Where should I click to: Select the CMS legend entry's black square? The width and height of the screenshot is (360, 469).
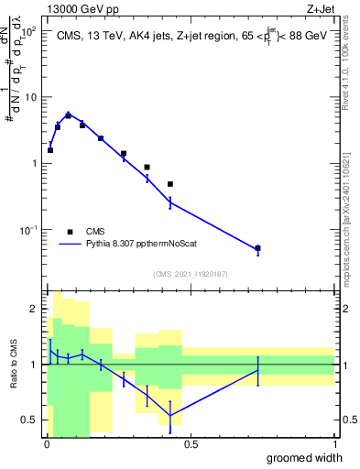[x=71, y=232]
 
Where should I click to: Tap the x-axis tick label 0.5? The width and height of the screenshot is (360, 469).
[x=190, y=443]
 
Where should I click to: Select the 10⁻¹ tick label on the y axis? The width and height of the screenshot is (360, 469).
[x=27, y=230]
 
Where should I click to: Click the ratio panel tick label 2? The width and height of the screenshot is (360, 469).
[x=33, y=310]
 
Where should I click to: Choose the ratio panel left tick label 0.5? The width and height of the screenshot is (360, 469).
[x=29, y=420]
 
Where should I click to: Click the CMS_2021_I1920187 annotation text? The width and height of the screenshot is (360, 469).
[x=190, y=274]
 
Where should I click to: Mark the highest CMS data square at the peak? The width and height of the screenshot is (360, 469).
[x=68, y=115]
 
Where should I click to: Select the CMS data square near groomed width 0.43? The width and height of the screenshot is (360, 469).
[x=170, y=184]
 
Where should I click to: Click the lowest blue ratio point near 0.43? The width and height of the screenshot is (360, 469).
[x=170, y=416]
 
